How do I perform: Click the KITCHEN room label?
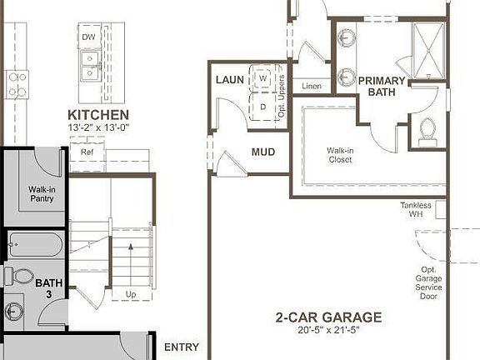pos(98,114)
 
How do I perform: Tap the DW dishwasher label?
pos(88,37)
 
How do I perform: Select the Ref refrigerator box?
pos(87,152)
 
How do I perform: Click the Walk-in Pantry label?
pos(42,193)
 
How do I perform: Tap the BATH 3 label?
pos(48,289)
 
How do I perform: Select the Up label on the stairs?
pos(130,294)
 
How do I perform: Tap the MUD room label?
pos(263,152)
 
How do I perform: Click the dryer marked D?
pos(263,107)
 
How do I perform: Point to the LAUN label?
pos(229,80)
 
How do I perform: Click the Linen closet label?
pos(312,85)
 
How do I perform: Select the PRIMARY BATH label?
pos(382,87)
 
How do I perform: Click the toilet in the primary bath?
pos(428,129)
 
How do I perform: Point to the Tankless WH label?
pos(415,209)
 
